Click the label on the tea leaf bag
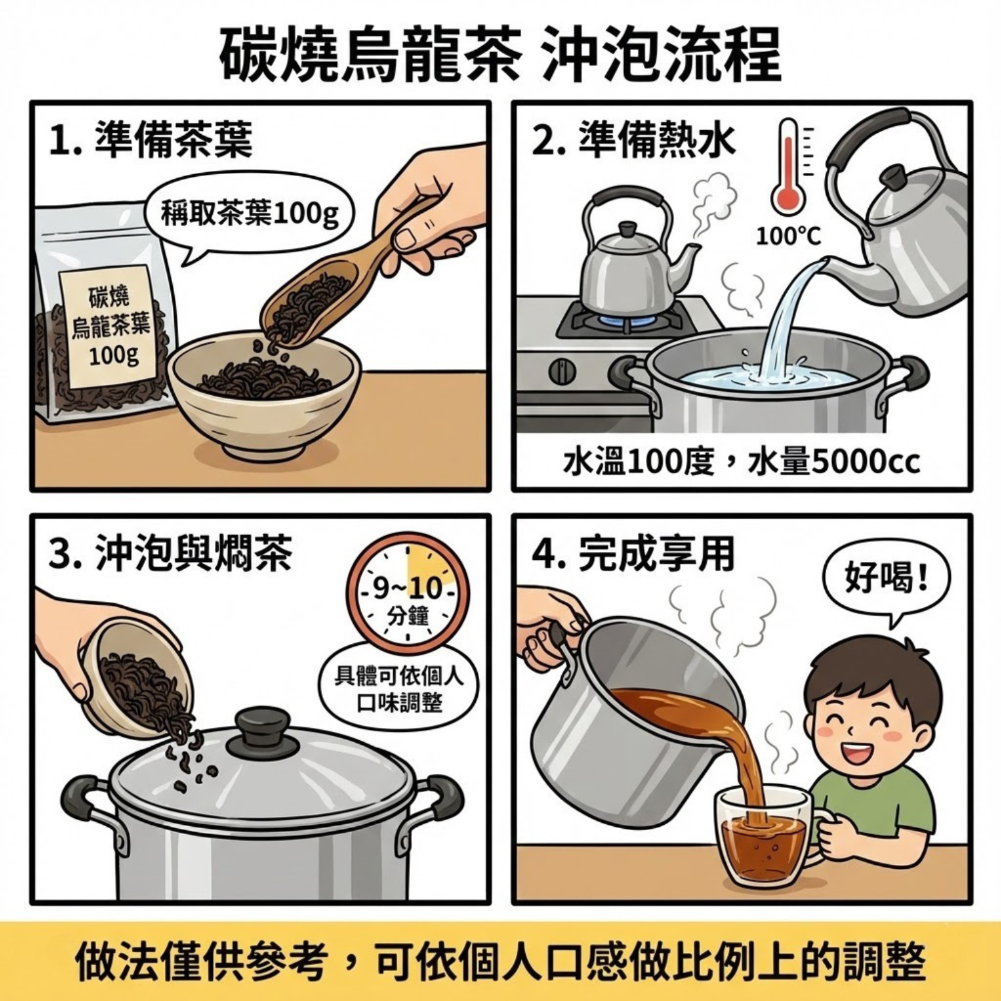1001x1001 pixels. click(x=111, y=327)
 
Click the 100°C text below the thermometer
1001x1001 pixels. click(x=788, y=236)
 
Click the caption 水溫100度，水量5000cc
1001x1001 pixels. click(x=741, y=462)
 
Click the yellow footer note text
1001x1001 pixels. click(x=500, y=962)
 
